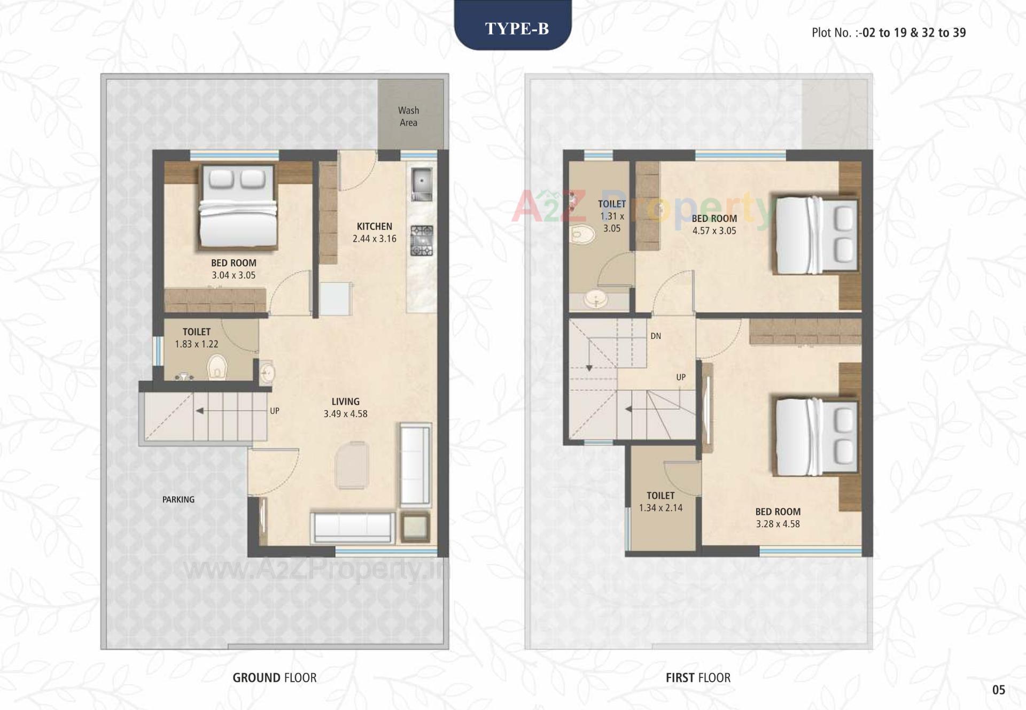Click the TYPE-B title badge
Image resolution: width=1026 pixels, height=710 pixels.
coord(516,28)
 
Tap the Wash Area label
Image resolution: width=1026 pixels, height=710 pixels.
coord(408,117)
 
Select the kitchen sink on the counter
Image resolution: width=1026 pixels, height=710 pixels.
coord(422,183)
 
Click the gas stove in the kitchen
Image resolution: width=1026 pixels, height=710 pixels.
coord(422,241)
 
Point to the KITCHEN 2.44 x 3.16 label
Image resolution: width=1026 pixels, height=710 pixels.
coord(374,233)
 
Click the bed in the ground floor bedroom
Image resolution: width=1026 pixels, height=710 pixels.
coord(238,207)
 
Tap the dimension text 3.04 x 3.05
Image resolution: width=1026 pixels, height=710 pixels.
coord(234,275)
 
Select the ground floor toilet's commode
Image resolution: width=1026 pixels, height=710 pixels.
coord(217,367)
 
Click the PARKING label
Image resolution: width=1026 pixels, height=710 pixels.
coord(178,499)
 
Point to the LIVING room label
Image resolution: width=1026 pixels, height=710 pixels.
coord(345,402)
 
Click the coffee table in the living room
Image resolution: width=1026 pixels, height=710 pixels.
coord(352,465)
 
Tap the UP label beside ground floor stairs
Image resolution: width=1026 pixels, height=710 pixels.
coord(274,411)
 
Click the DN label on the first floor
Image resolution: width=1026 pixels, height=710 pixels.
coord(656,336)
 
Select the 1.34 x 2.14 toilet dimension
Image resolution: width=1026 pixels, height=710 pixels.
coord(660,508)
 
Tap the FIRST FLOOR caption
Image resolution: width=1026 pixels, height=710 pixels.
coord(697,678)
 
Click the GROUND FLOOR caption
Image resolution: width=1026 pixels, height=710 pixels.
coord(274,678)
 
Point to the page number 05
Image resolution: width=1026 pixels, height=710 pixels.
coord(998,690)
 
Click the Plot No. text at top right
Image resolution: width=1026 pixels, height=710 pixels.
coord(888,33)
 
